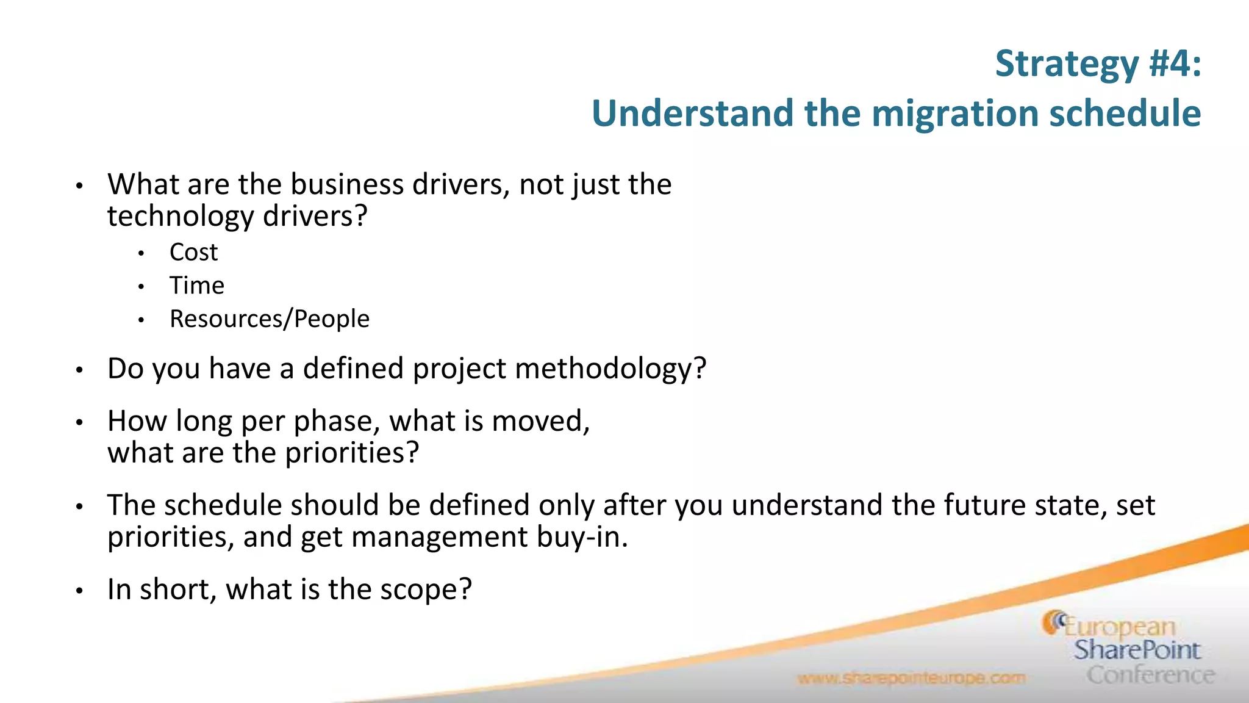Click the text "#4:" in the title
pos(1175,63)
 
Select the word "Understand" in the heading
pos(692,114)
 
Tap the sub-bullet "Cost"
pos(193,252)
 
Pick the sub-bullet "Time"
pos(196,286)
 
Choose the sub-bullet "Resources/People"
pos(269,319)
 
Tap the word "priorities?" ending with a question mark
pos(352,453)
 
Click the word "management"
pos(440,537)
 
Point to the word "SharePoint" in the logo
pos(1137,650)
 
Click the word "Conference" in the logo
pos(1150,675)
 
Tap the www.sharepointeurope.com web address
pos(911,679)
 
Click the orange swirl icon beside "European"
pos(1053,622)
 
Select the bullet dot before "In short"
pos(79,591)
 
